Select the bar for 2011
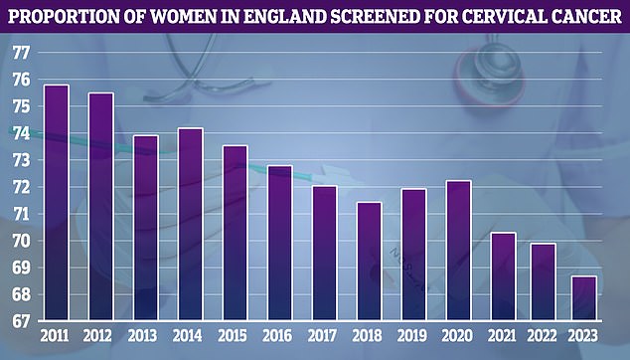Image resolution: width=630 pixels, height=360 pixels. coord(57,203)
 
